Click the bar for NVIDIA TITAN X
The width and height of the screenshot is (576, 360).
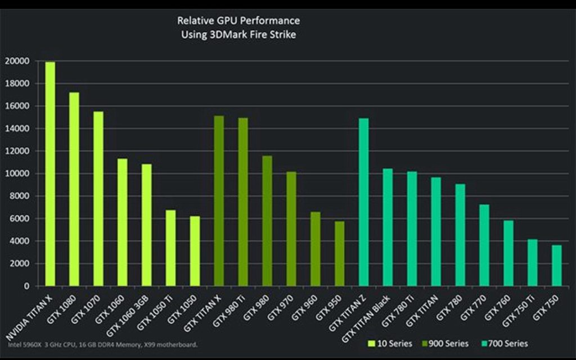[50, 174]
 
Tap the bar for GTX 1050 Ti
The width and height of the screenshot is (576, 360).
[170, 248]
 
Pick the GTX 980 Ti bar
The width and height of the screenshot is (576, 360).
[242, 202]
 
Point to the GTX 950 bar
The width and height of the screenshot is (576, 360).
[339, 254]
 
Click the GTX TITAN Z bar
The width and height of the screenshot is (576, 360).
[363, 202]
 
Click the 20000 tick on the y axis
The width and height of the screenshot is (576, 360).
[17, 61]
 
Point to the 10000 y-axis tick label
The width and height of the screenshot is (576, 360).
[17, 174]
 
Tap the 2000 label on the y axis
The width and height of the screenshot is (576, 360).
[20, 264]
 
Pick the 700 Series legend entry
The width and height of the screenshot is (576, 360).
[506, 343]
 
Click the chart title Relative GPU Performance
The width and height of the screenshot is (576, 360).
[238, 21]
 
